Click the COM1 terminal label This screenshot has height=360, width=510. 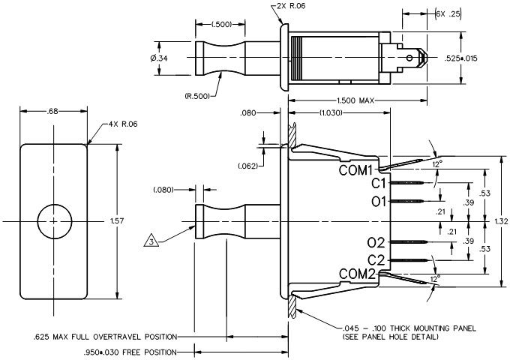pos(355,170)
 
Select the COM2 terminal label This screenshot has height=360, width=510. pos(357,274)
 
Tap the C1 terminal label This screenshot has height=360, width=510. pos(378,184)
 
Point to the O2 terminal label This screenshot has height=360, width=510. pos(376,242)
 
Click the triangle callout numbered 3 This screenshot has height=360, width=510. pos(151,240)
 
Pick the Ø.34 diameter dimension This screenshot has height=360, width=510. pos(159,58)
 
